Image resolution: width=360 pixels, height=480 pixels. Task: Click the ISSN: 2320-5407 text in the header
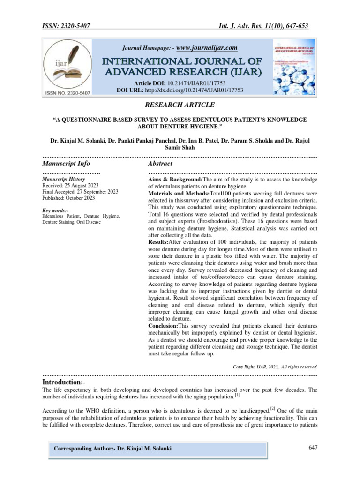(x=66, y=26)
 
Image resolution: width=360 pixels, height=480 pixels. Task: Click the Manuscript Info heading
(x=66, y=164)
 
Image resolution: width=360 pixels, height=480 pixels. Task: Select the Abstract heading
(x=160, y=164)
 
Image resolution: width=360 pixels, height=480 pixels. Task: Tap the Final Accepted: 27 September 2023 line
(x=80, y=192)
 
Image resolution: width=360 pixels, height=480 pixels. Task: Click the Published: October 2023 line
(x=68, y=198)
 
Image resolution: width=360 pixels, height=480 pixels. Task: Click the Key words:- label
(x=55, y=210)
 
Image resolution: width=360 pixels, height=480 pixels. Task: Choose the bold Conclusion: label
(x=163, y=325)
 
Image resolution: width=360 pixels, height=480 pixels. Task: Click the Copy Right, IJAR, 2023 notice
(x=275, y=367)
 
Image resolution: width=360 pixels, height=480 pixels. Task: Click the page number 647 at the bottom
(x=313, y=448)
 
